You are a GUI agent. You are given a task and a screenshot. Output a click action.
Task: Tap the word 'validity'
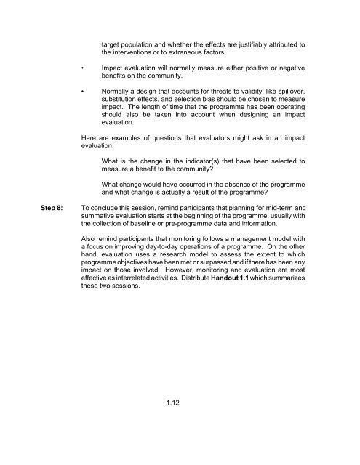(x=255, y=101)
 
